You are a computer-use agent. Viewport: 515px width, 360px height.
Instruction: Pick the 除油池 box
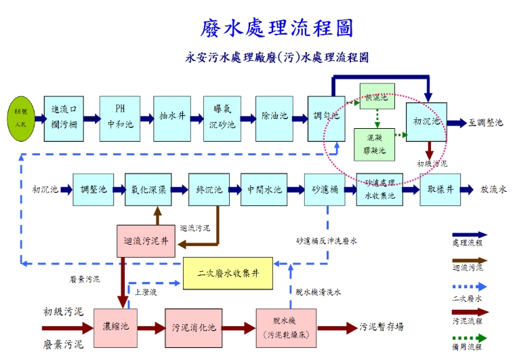coord(274,117)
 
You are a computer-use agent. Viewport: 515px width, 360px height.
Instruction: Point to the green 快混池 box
coord(376,98)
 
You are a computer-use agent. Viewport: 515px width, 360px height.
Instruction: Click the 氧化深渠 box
coord(148,189)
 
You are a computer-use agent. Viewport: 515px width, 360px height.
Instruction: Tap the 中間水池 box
coord(264,189)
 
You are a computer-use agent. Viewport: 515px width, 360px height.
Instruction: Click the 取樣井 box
coord(440,189)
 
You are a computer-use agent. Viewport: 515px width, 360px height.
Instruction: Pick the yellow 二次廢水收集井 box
coord(228,273)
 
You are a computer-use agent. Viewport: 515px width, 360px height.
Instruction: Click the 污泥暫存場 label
coord(382,327)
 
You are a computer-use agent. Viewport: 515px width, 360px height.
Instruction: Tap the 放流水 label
coord(493,190)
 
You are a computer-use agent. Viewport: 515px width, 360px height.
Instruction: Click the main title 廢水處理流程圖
coord(276,28)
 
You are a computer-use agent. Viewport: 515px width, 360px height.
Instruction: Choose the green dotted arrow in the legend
coord(470,338)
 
